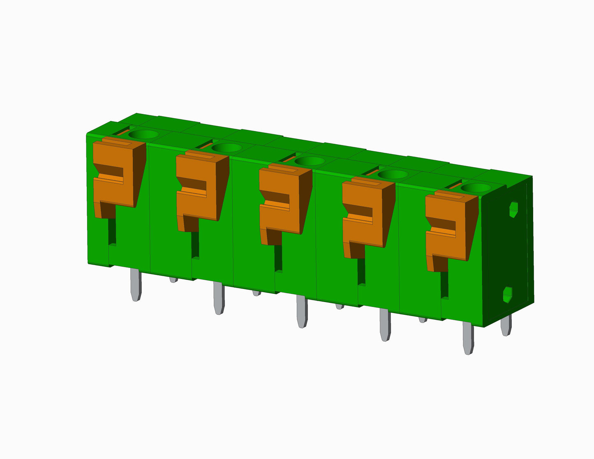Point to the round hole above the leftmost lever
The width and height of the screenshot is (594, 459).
143,134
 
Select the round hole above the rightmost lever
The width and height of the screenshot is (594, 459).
476,188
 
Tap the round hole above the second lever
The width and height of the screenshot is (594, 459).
227,148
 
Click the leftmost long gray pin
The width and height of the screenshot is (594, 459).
136,284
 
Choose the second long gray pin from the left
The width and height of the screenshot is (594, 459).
219,298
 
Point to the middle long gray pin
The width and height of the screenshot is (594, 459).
302,311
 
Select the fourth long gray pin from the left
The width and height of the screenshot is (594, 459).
385,325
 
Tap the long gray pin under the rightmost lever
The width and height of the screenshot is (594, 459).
468,338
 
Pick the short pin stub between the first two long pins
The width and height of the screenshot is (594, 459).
173,279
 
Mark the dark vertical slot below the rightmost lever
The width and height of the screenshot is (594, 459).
444,284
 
